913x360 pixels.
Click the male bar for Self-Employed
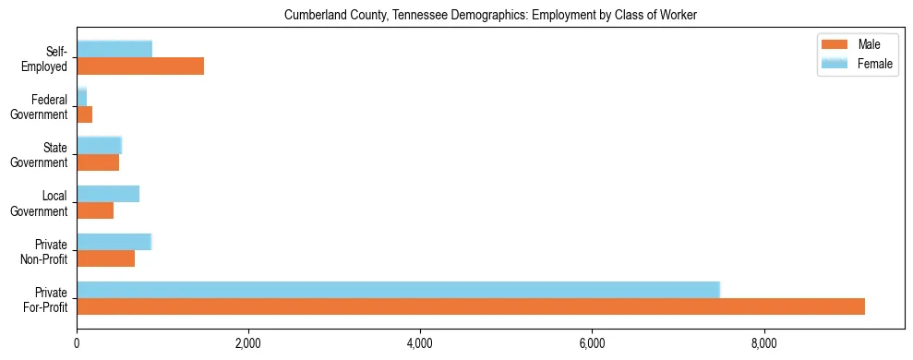tap(140, 66)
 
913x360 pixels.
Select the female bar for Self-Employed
tap(114, 49)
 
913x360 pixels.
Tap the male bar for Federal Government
tap(85, 114)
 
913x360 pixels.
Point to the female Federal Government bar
tap(82, 97)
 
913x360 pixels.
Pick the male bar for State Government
tap(98, 162)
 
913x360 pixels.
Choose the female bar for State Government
tap(100, 145)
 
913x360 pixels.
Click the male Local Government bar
tap(95, 210)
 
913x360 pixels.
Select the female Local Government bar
tap(108, 194)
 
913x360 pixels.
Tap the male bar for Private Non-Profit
tap(106, 258)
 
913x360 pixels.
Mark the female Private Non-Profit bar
tap(114, 242)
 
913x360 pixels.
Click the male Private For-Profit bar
tap(471, 306)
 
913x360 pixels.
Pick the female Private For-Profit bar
tap(398, 290)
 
